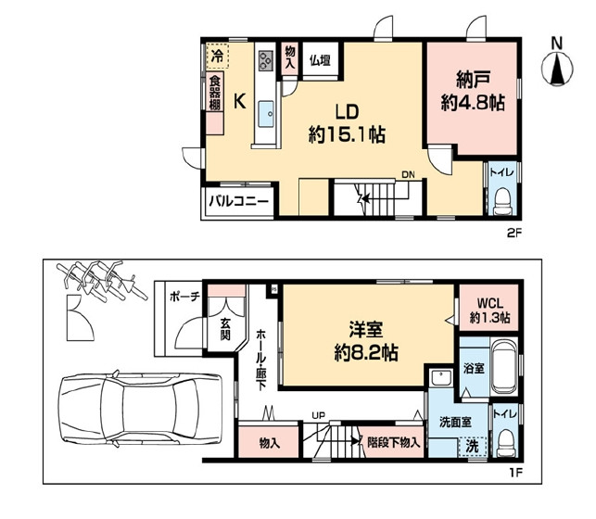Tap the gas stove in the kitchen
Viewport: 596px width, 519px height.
tap(266, 60)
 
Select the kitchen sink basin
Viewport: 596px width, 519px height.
tap(266, 114)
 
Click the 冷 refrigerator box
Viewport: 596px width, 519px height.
tap(218, 56)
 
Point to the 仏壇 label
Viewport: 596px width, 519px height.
tap(320, 60)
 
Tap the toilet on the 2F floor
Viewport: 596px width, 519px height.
tap(502, 202)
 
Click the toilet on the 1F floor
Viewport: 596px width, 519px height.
tap(506, 443)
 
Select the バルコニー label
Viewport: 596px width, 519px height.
tap(238, 200)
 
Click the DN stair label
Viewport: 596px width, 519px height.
tap(408, 175)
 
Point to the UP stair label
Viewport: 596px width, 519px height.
tap(319, 415)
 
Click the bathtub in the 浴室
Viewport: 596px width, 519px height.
tap(504, 367)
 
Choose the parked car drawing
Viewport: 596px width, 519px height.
tap(139, 408)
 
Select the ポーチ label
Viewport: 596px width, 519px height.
tap(184, 297)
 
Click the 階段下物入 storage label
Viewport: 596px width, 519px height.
tap(393, 442)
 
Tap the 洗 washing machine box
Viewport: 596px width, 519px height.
tap(472, 447)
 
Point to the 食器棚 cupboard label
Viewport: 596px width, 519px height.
tap(215, 94)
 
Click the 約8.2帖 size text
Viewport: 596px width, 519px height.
tap(366, 353)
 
